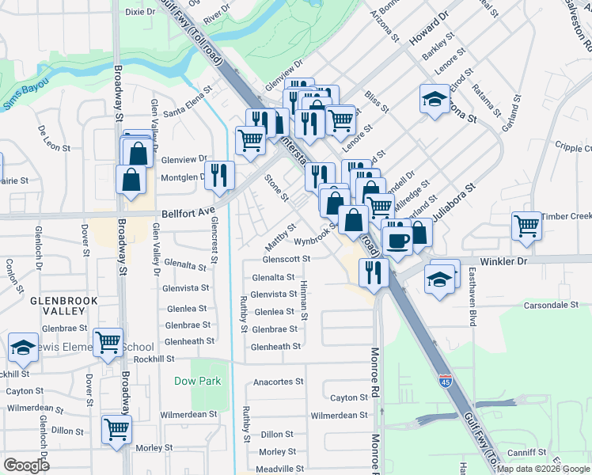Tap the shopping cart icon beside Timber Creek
526,226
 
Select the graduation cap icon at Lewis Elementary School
24,347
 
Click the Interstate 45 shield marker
446,383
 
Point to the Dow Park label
198,380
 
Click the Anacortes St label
278,382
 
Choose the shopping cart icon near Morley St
117,430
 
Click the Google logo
26,465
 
